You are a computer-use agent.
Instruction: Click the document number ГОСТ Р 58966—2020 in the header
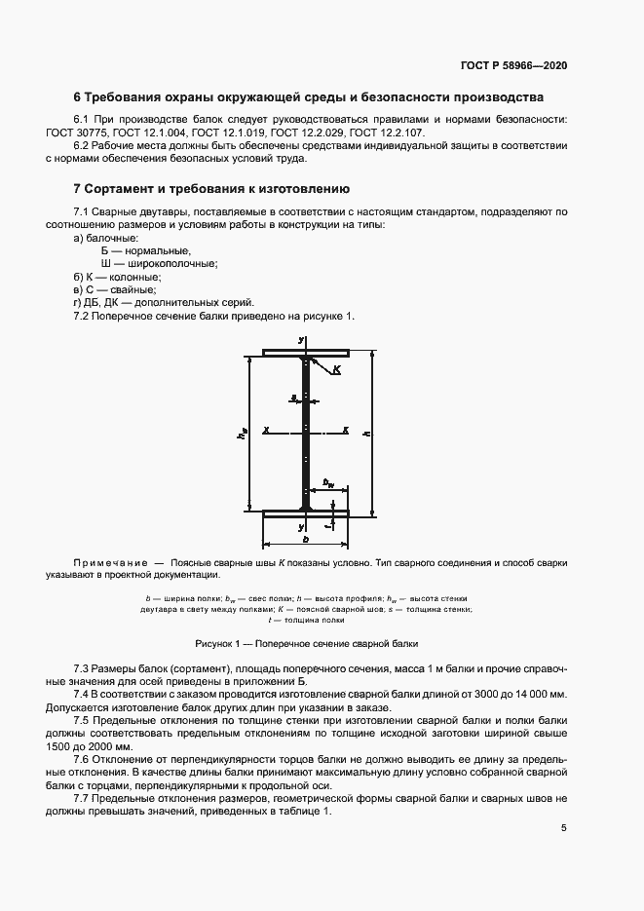[513, 65]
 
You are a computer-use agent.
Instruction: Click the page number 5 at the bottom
[564, 828]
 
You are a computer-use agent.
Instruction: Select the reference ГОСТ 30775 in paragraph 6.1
[104, 132]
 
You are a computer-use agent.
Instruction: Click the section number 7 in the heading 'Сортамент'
[78, 188]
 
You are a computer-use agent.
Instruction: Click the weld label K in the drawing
[337, 370]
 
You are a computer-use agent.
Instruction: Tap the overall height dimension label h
[365, 433]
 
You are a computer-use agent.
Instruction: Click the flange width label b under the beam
[305, 538]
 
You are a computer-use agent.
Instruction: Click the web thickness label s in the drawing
[293, 398]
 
